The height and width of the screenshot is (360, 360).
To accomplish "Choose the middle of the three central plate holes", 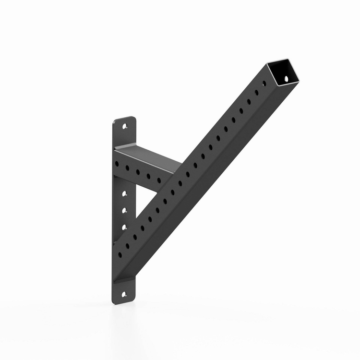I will tap(124, 210).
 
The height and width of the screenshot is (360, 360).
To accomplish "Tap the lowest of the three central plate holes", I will tap(124, 226).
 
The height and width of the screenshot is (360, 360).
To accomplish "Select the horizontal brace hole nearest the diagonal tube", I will tap(159, 180).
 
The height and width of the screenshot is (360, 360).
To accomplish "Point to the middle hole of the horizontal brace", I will tap(138, 172).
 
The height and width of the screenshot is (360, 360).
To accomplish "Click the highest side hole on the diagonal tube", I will tap(264, 85).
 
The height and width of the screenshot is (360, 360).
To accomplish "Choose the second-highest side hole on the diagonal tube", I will tap(256, 93).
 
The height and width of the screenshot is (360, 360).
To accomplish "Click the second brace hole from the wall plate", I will tap(127, 168).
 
